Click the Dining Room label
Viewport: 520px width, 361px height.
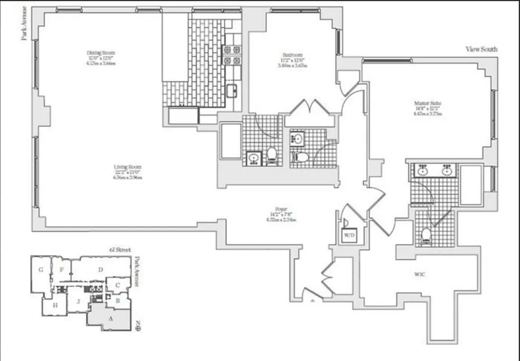(101, 53)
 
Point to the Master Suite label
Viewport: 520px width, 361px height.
(427, 103)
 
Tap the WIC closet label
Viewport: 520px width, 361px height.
(419, 274)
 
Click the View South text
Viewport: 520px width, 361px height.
(481, 49)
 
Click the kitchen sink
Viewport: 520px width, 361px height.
(232, 90)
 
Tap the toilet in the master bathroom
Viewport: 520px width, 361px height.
(426, 235)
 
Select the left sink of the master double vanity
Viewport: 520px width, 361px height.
(423, 170)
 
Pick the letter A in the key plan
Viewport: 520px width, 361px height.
(109, 318)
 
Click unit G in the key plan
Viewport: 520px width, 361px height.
(41, 270)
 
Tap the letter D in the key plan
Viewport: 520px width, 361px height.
(101, 270)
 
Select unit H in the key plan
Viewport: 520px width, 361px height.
(55, 305)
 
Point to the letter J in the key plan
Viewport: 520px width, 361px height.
(78, 302)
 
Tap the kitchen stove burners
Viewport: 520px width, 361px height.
(232, 55)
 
